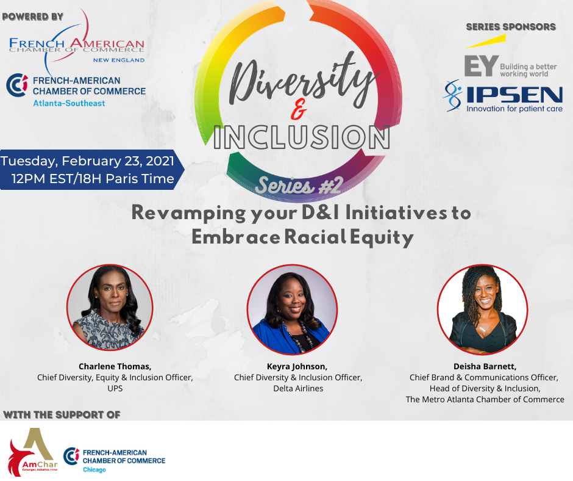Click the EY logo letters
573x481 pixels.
[482, 66]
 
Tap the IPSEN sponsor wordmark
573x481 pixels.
[515, 95]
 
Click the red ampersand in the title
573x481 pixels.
[299, 110]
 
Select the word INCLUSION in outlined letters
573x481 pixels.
[302, 137]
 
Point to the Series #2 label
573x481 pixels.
[299, 186]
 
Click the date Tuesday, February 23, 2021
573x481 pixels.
[87, 161]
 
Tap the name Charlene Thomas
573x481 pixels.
[115, 366]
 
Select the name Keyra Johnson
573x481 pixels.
[297, 366]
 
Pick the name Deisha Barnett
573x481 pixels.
[485, 366]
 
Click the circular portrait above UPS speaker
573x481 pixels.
[110, 308]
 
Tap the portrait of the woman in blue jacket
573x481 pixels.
[292, 309]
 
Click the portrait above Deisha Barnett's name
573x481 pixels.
[482, 309]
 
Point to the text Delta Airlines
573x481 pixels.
[298, 388]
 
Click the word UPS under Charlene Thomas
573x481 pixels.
[115, 388]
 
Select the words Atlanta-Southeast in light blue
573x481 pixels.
[69, 103]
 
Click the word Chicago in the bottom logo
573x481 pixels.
[94, 469]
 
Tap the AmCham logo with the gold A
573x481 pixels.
[33, 452]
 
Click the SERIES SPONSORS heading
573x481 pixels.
[511, 27]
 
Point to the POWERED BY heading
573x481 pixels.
[33, 17]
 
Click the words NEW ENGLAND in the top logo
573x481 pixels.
[119, 60]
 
